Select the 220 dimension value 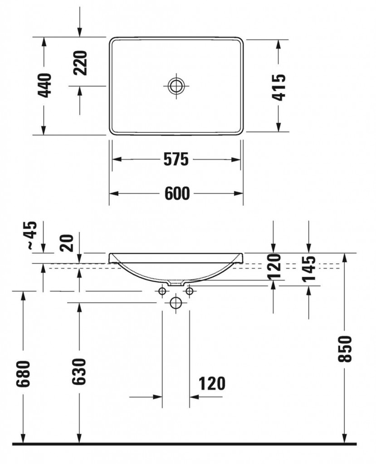(81, 63)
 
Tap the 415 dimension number (279, 87)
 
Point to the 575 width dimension (176, 159)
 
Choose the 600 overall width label (177, 193)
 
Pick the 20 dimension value (67, 243)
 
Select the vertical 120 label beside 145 (274, 266)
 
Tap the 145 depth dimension (309, 268)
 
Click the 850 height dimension (345, 349)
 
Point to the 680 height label (23, 374)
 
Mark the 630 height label (79, 372)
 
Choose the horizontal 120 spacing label (212, 383)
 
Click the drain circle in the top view (176, 86)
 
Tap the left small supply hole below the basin (162, 291)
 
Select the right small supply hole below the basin (190, 291)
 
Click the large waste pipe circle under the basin (176, 303)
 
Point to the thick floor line (184, 444)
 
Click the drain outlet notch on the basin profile (176, 284)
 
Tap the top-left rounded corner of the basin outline (112, 40)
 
